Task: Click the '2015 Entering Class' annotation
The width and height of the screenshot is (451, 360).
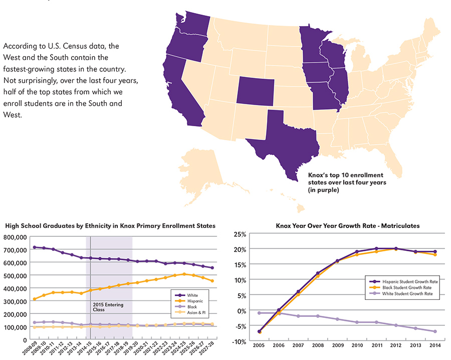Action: click(x=108, y=307)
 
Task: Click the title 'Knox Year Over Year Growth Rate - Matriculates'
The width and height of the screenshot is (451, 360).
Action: click(x=348, y=226)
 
